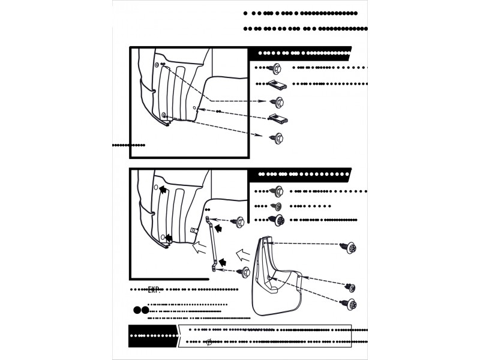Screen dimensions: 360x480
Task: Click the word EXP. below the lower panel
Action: [155, 290]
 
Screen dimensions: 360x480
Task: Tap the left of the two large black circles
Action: [137, 311]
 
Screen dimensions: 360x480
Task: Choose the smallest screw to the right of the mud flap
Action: [350, 287]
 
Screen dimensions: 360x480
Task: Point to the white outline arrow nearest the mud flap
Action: [243, 255]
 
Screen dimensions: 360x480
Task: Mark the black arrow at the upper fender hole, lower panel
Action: [163, 190]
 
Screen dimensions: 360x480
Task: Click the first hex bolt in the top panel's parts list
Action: [277, 67]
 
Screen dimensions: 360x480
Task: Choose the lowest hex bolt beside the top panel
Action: [277, 137]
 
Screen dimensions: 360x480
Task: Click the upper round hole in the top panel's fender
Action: [157, 64]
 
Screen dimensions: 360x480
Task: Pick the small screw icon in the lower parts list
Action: [277, 206]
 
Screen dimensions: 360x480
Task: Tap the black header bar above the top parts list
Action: [300, 52]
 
